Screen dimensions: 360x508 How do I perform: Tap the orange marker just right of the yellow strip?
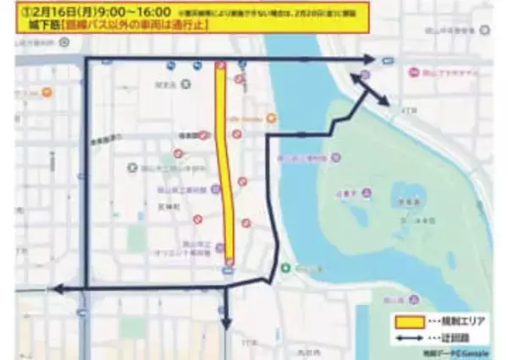[x=271, y=118]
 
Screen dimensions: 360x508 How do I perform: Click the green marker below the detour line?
[x=286, y=269]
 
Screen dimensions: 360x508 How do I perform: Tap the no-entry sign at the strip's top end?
[x=221, y=65]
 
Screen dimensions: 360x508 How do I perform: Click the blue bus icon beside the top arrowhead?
[x=388, y=60]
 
